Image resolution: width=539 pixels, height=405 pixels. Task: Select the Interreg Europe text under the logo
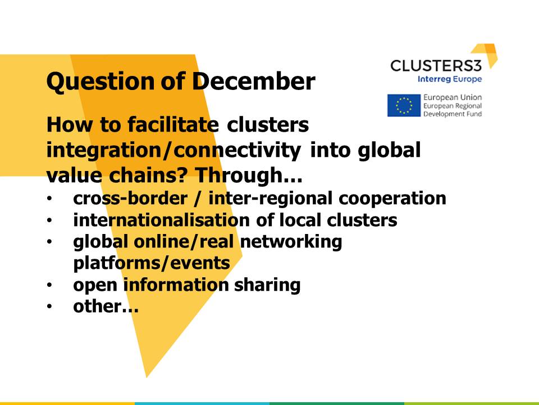[450, 79]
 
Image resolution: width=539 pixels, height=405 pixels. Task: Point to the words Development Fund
[453, 114]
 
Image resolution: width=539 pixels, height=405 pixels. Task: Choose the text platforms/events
[152, 263]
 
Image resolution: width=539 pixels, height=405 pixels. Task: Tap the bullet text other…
[106, 307]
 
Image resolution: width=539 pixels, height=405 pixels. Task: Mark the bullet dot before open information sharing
[50, 286]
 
